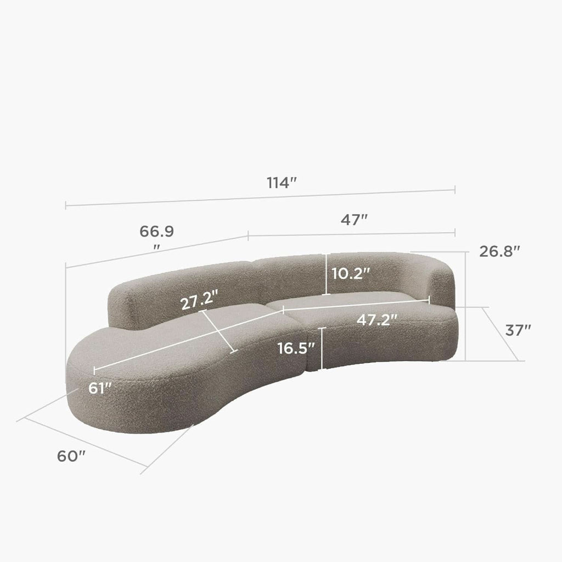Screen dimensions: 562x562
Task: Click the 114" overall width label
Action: [x=282, y=183]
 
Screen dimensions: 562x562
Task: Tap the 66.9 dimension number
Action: [x=156, y=232]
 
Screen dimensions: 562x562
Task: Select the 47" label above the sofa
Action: [x=354, y=220]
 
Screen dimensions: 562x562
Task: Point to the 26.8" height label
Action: [x=499, y=251]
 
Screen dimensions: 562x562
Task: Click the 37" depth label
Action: [x=518, y=330]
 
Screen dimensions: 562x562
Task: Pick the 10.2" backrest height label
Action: [x=351, y=274]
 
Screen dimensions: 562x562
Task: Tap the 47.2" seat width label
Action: [x=377, y=319]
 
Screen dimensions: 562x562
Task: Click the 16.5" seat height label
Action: [x=296, y=348]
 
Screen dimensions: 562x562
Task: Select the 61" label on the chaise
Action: [x=100, y=388]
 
